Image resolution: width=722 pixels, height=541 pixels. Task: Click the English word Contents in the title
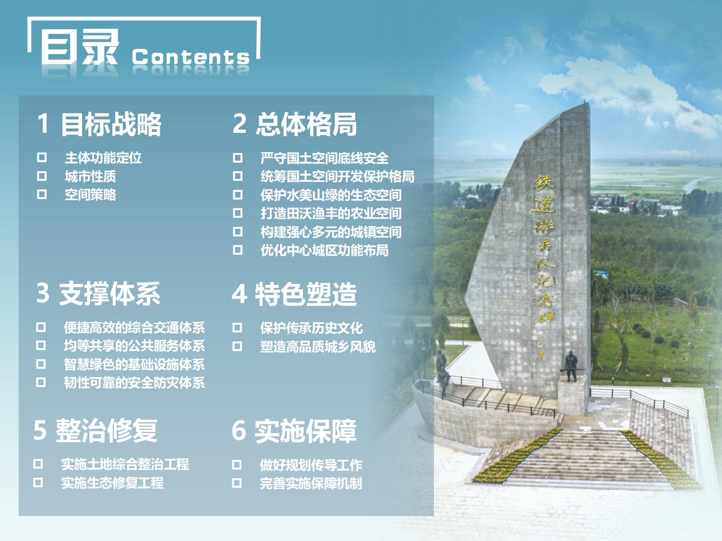[191, 57]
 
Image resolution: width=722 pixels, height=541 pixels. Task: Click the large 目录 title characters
[79, 47]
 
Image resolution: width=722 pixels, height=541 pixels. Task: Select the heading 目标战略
[111, 124]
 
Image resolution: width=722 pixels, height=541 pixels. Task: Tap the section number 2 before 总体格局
[240, 124]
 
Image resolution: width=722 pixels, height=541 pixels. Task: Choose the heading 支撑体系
[109, 294]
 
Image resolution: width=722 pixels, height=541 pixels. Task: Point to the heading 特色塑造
[306, 294]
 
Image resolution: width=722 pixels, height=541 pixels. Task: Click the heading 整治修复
[107, 430]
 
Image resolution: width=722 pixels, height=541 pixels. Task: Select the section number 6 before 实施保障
[239, 431]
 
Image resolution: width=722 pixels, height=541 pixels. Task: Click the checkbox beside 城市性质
[42, 176]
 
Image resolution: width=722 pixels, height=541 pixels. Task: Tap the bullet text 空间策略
[90, 195]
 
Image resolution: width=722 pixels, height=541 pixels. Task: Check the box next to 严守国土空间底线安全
[238, 158]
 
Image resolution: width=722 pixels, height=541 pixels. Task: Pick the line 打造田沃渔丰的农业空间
[331, 213]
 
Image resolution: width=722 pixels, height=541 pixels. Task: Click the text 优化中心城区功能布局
[325, 250]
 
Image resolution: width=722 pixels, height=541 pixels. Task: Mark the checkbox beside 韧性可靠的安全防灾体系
[41, 382]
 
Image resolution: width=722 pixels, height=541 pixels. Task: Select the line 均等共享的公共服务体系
[134, 345]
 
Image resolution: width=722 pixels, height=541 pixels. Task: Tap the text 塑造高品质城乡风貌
[318, 347]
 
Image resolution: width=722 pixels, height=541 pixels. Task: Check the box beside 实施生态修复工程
[38, 482]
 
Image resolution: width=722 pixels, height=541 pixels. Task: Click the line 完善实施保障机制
[311, 483]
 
